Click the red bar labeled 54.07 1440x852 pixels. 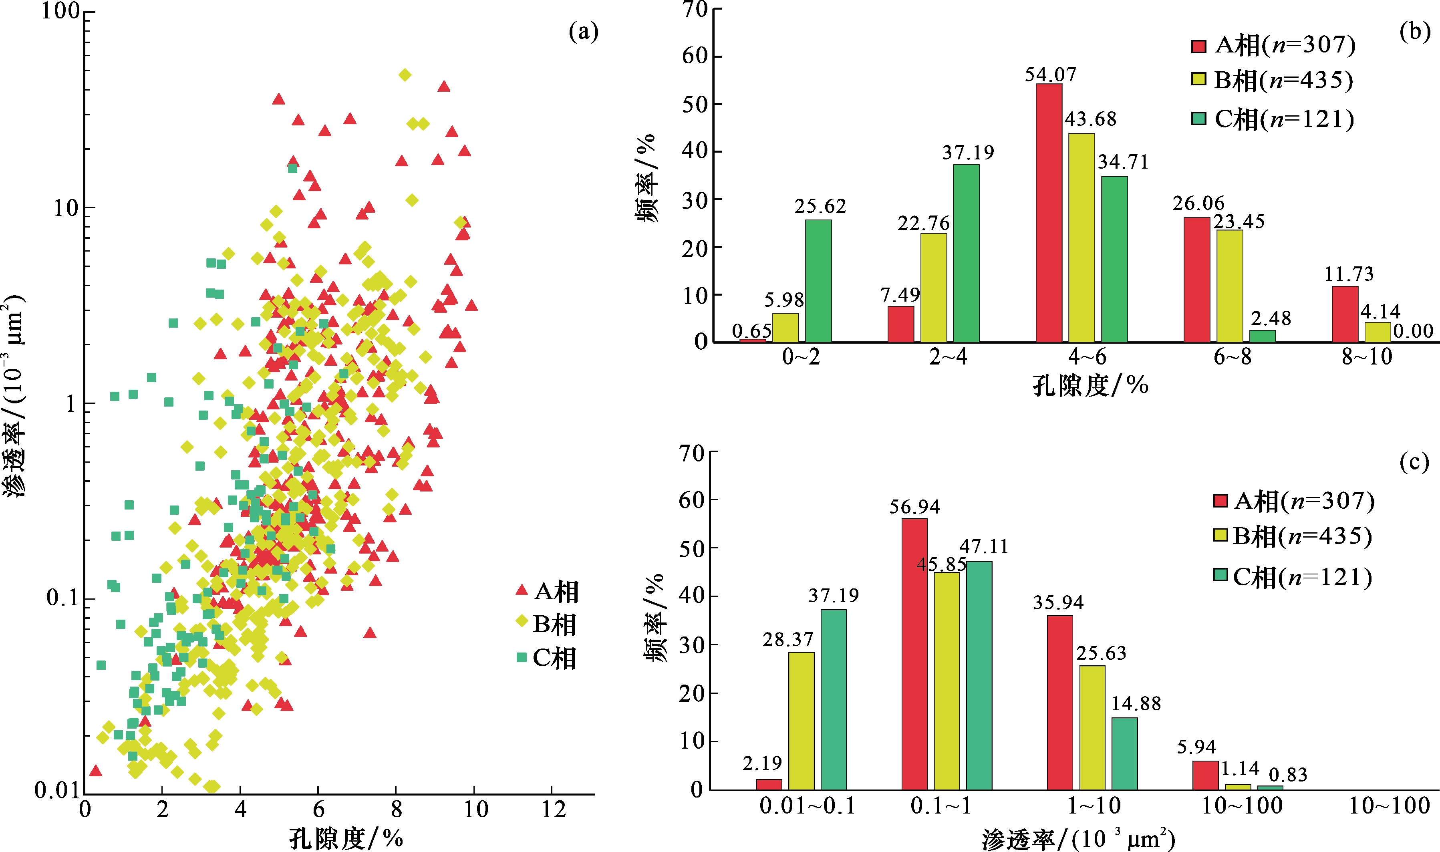coord(1049,213)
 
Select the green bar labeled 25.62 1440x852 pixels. coord(818,281)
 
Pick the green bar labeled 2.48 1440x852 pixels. coord(1263,336)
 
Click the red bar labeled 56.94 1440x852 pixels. coord(914,655)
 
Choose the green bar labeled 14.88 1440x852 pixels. coord(1124,754)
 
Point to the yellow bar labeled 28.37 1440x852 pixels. coord(801,722)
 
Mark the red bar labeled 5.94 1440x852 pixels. coord(1205,775)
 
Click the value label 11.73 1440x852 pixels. coord(1349,274)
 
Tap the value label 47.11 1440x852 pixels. coord(984,546)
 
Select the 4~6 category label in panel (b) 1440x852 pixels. coord(1087,357)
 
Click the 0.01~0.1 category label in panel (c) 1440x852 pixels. coord(808,806)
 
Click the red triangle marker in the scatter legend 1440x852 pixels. coord(522,590)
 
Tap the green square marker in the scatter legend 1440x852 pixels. coord(522,657)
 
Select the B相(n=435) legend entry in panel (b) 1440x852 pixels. coord(1272,81)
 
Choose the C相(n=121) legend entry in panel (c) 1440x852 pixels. coord(1293,577)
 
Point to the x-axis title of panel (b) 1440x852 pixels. coord(1090,385)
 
